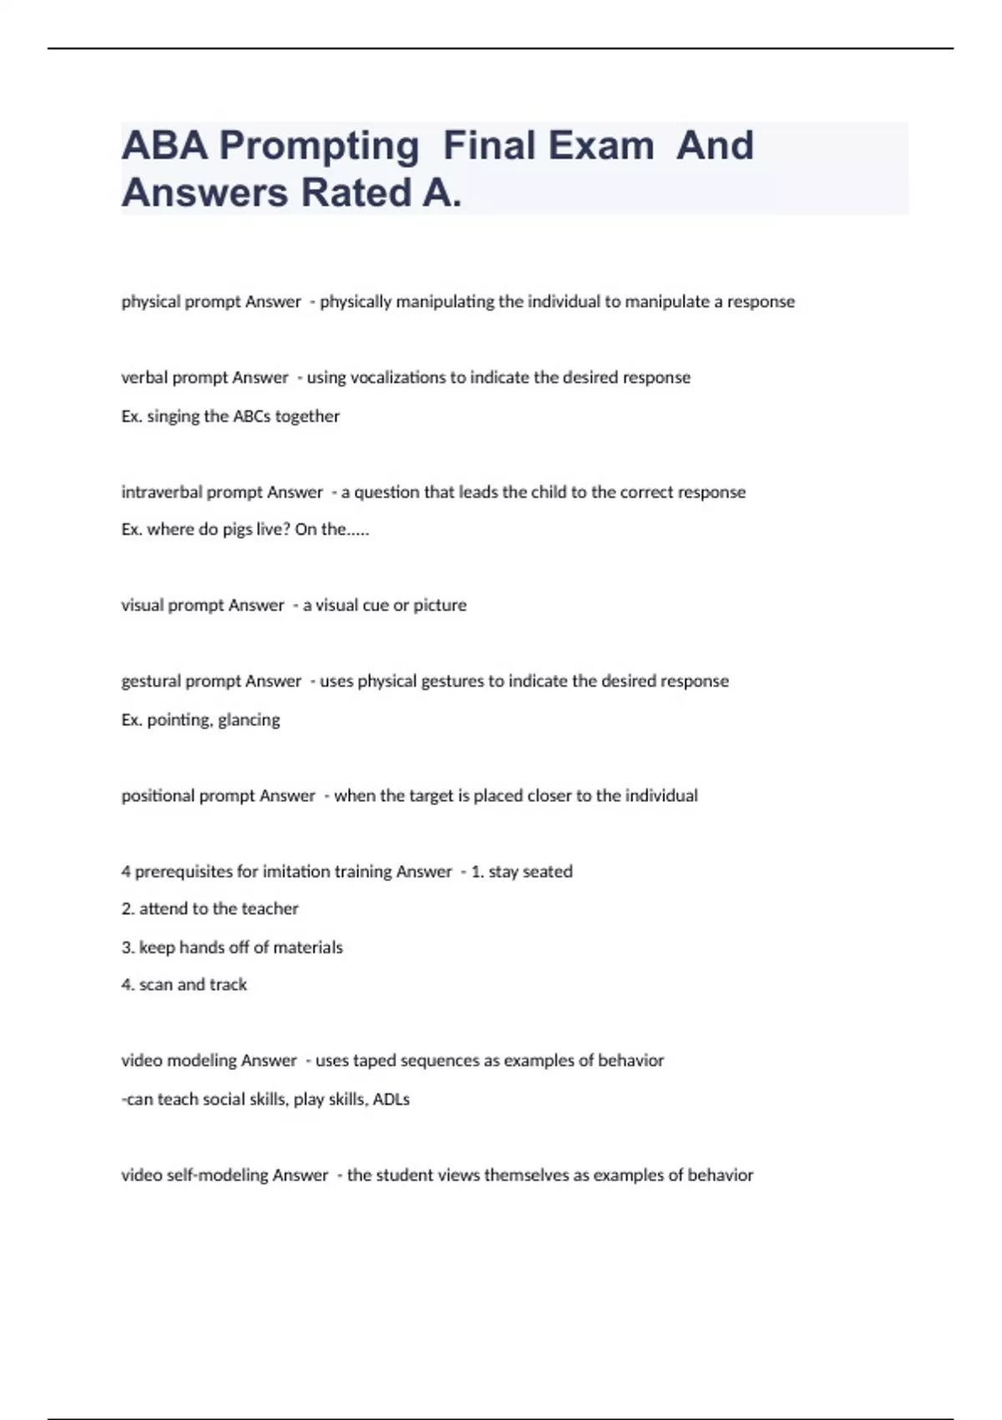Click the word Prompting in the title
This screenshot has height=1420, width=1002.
318,146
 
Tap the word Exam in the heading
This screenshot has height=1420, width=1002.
600,145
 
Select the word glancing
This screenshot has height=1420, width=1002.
249,720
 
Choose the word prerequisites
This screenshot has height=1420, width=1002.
184,871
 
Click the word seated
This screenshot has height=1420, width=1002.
548,871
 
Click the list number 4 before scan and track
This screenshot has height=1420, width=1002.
126,985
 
